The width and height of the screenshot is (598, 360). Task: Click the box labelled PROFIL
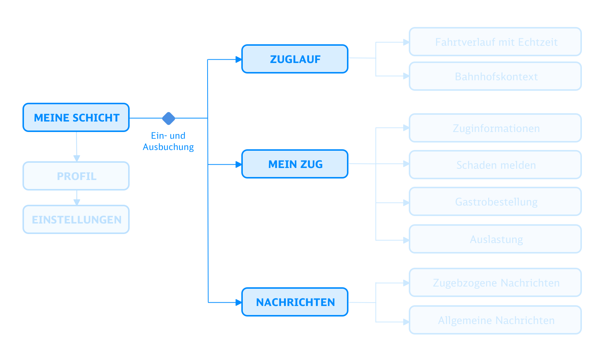76,176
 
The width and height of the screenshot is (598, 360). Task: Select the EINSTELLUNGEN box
76,219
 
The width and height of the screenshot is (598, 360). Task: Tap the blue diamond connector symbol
169,118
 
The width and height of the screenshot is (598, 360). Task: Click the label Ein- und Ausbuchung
168,141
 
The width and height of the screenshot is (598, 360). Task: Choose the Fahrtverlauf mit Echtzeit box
495,42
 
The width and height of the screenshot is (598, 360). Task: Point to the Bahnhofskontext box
495,76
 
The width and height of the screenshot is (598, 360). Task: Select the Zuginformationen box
495,128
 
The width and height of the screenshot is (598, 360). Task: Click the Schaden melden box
495,165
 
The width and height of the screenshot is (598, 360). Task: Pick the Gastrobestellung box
495,201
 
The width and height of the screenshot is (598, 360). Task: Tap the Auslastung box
495,239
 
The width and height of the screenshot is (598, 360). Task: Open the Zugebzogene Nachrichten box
495,282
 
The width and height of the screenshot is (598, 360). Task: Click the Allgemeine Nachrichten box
495,320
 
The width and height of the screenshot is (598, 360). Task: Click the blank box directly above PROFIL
76,117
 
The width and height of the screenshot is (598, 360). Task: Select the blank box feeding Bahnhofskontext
295,59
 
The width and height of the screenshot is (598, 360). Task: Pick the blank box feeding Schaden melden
295,164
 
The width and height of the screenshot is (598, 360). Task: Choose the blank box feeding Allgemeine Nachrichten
295,302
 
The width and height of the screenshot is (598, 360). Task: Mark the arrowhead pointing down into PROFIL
77,158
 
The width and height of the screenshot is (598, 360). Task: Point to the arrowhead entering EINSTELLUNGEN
77,202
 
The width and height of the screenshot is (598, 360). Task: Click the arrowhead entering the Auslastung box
406,240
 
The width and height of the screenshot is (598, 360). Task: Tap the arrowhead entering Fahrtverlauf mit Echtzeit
406,42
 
